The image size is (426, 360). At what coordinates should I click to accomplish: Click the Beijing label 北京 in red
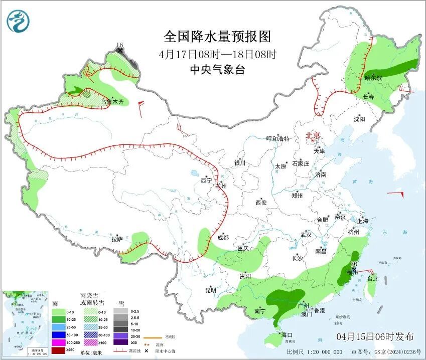coord(313,135)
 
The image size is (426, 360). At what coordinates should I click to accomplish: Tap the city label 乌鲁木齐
coord(112,102)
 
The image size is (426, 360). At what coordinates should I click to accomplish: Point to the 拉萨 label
coord(117,239)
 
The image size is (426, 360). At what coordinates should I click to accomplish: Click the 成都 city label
coord(223,238)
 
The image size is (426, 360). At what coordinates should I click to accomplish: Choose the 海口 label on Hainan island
coord(287,334)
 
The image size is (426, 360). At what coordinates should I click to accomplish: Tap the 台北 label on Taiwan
coord(372,279)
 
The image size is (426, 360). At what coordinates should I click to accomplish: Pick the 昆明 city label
coord(210,290)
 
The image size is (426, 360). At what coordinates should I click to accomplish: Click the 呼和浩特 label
coord(277,139)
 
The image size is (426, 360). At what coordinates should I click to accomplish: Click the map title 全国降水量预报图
coord(217,37)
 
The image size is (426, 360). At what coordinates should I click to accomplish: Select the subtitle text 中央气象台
coord(217,70)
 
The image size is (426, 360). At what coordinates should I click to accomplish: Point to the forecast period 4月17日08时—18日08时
coord(217,54)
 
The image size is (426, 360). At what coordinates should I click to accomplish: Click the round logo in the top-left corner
coord(19,21)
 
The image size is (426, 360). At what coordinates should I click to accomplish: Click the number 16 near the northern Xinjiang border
coord(119,45)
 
